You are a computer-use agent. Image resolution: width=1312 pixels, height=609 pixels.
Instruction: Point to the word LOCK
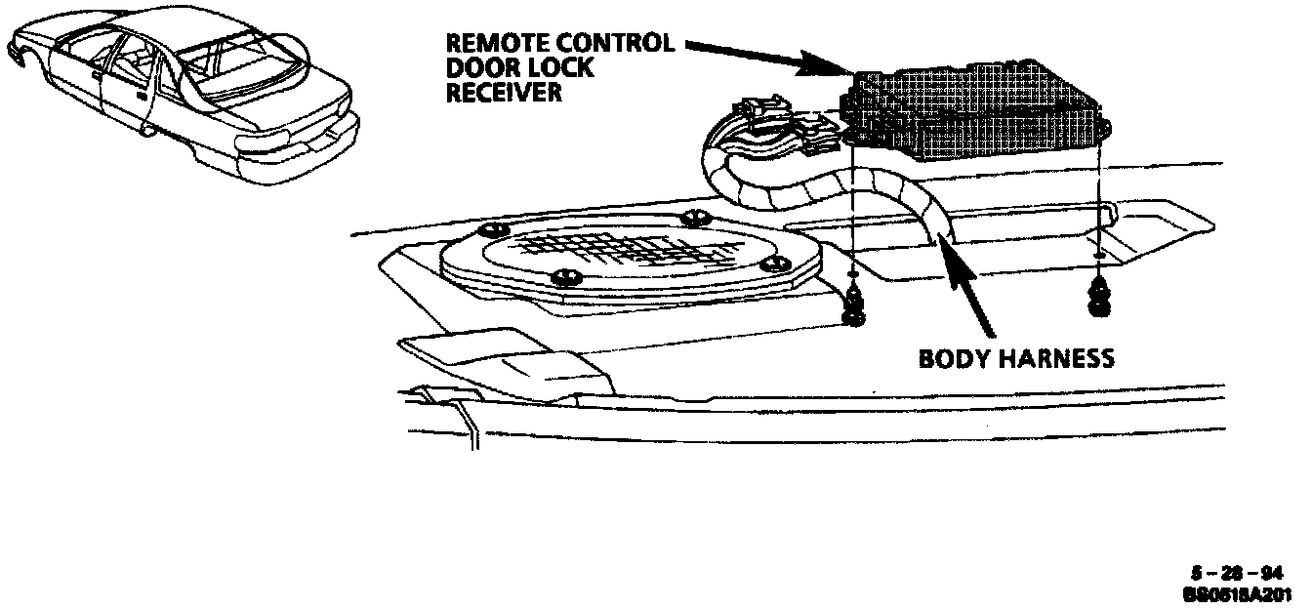559,68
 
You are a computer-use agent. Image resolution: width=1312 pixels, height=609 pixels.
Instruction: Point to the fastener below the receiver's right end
1098,298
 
